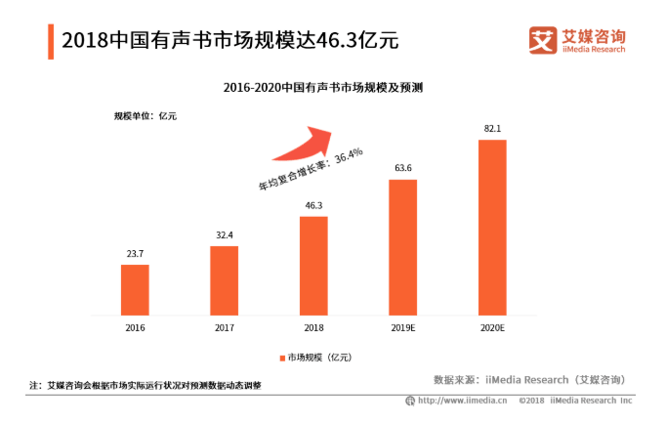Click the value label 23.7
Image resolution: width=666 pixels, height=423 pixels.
coord(135,253)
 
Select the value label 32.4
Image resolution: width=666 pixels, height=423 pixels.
coord(224,234)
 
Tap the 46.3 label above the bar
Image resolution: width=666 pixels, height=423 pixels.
coord(313,205)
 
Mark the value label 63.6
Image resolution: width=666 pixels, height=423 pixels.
coord(402,168)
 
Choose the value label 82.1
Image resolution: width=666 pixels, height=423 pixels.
coord(492,128)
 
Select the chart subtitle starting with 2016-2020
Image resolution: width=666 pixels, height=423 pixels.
coord(328,88)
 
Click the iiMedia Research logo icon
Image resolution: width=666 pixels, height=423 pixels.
coord(542,40)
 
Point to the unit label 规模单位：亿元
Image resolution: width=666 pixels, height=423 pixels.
coord(146,117)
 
